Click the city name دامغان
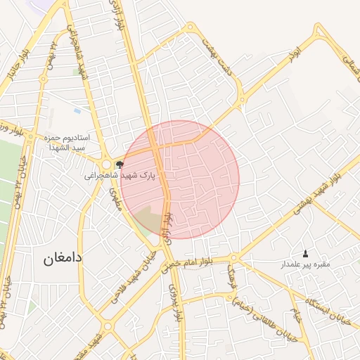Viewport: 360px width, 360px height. (63, 258)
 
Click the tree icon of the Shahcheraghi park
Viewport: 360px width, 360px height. (119, 163)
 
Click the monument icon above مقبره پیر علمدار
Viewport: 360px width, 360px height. (305, 253)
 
